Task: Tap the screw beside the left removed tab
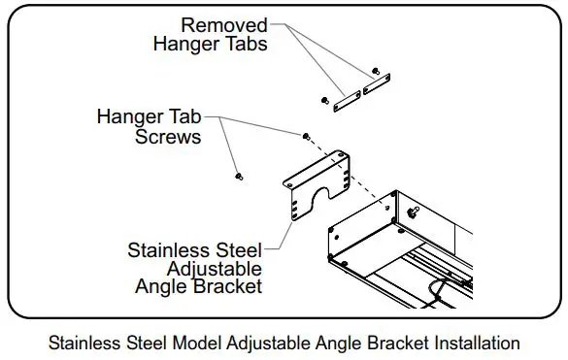coord(322,100)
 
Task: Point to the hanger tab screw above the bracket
coord(307,135)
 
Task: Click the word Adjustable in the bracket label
coord(215,268)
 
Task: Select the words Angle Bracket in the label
coord(200,286)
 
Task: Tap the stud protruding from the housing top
coord(415,210)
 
